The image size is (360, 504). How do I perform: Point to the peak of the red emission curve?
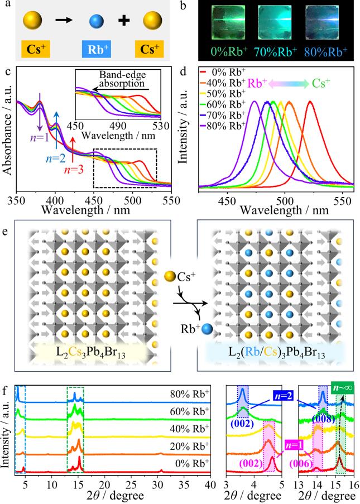(310, 102)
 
